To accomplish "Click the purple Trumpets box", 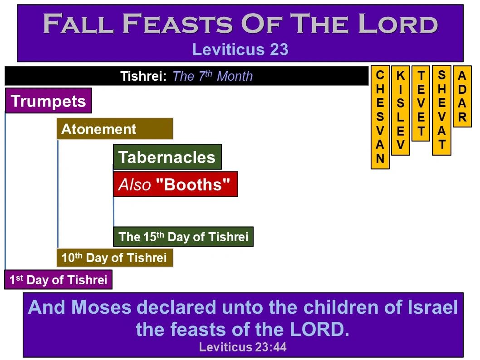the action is (x=49, y=101).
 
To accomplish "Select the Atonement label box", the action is (x=115, y=129).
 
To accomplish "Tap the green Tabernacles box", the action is (x=167, y=157).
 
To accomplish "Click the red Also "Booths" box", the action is (x=176, y=184).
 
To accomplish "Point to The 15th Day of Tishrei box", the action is (x=183, y=237).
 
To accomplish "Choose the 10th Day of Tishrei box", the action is (x=115, y=258).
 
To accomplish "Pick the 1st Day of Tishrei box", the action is (x=58, y=280).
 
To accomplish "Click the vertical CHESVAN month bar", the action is (x=380, y=117).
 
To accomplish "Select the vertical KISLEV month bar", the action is (x=401, y=111).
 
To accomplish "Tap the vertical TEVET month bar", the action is (x=421, y=103).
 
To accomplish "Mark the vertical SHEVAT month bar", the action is (x=441, y=111).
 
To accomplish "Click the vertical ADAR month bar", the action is (x=462, y=96).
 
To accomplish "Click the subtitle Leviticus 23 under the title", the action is (x=240, y=49).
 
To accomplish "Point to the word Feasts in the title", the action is (x=177, y=23).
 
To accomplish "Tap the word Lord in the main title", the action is (x=397, y=23).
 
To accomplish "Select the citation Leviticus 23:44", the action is (x=243, y=347).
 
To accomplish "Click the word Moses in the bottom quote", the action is (x=101, y=307).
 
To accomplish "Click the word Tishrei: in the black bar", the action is (x=143, y=76).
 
